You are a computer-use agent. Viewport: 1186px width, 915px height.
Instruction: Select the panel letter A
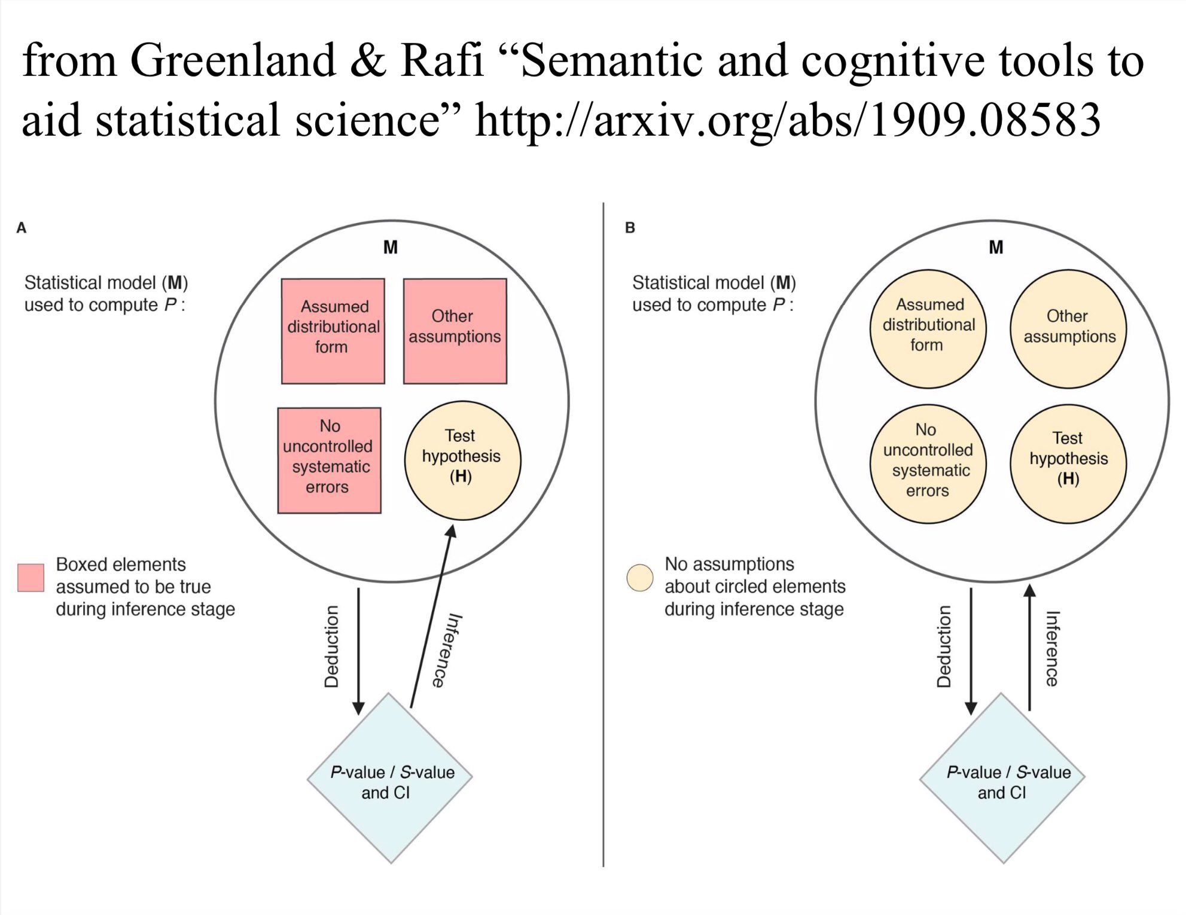pos(22,228)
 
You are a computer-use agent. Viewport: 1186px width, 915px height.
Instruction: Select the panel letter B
pos(630,228)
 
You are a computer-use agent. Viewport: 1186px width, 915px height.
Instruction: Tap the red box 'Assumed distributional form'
pos(333,331)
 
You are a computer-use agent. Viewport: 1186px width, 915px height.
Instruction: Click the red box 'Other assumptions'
pos(455,331)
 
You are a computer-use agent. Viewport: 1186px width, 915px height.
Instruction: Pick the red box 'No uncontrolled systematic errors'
pos(330,460)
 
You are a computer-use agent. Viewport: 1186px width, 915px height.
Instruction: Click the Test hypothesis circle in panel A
pos(462,460)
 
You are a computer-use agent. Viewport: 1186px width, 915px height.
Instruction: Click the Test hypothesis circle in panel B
pos(1068,464)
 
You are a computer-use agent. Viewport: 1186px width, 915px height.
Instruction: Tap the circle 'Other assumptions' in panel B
pos(1068,329)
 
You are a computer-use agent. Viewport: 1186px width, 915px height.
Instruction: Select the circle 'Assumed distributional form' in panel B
pos(928,329)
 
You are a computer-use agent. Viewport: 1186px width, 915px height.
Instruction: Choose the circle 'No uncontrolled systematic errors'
pos(928,464)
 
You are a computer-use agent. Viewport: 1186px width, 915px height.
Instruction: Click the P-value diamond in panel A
pos(390,778)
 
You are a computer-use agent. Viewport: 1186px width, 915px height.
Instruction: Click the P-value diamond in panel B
pos(1002,778)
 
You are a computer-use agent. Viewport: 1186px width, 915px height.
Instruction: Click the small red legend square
pos(31,578)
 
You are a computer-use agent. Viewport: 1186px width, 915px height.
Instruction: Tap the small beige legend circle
pos(640,578)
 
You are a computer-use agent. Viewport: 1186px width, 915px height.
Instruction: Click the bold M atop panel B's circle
pos(996,247)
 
